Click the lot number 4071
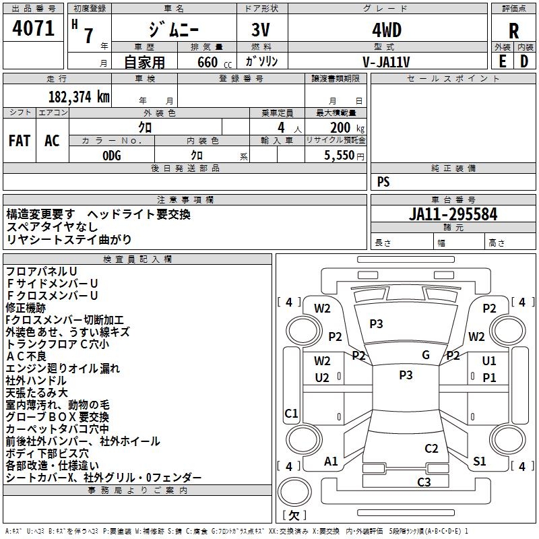[33, 28]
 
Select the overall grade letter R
[513, 31]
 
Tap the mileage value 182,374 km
[79, 97]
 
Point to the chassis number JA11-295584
[453, 214]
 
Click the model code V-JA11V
[386, 62]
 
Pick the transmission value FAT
[20, 141]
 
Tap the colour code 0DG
[112, 156]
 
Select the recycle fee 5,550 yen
[344, 156]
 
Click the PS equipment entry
[383, 182]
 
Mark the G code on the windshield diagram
[426, 355]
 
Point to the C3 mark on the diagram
[424, 482]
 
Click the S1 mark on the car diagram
[479, 461]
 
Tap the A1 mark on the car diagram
[331, 461]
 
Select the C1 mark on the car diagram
[291, 413]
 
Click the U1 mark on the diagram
[489, 360]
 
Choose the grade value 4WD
[387, 30]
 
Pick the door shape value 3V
[261, 30]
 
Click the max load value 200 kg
[347, 128]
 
